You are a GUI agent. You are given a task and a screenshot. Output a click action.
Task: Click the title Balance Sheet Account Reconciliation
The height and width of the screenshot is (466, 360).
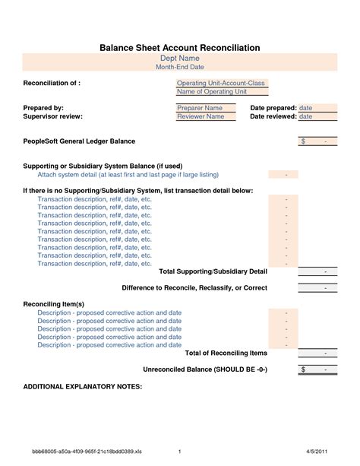[180, 47]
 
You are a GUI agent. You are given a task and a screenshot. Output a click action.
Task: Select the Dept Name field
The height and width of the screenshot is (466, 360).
[180, 58]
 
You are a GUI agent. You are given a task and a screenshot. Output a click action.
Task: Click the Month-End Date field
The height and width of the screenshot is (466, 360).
[180, 68]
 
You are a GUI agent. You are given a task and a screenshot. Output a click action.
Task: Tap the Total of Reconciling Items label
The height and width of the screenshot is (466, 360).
[226, 353]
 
